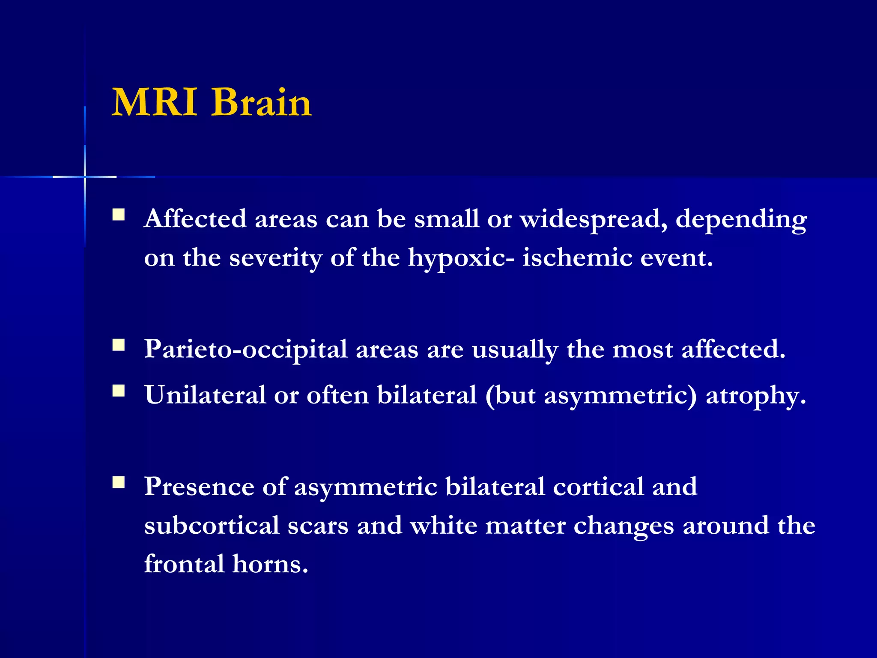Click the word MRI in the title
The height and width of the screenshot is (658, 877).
click(x=155, y=102)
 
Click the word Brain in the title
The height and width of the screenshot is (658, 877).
click(x=261, y=102)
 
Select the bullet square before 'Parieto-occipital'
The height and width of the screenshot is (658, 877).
click(x=119, y=345)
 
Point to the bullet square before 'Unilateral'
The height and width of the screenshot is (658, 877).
click(x=119, y=390)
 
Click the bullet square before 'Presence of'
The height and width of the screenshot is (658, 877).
click(x=119, y=482)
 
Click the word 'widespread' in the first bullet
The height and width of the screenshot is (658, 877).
click(x=594, y=219)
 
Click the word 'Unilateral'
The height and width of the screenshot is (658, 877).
click(x=205, y=395)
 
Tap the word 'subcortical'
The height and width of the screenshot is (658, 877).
click(x=212, y=526)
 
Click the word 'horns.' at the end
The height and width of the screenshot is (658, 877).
click(x=270, y=564)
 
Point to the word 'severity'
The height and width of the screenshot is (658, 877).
click(x=276, y=258)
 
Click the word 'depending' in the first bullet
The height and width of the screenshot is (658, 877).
click(x=741, y=220)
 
